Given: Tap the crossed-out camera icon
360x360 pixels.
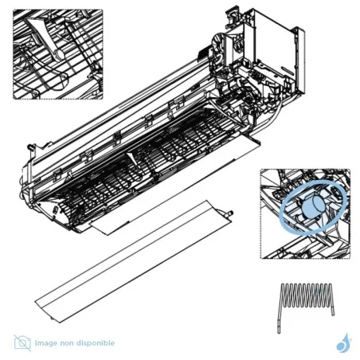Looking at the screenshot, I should pyautogui.click(x=22, y=342).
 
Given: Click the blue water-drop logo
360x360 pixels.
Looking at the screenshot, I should pyautogui.click(x=342, y=342).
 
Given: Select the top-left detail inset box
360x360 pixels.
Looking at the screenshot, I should pyautogui.click(x=57, y=54).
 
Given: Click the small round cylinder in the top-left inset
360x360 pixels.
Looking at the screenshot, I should pyautogui.click(x=59, y=54).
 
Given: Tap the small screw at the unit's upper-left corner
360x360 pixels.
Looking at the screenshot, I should pyautogui.click(x=29, y=147).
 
